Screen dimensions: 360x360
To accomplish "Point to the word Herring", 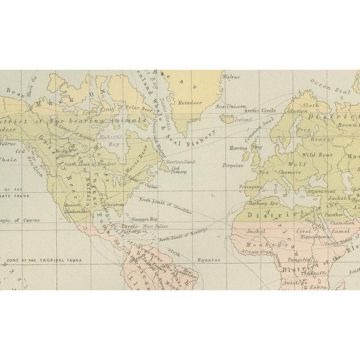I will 239,147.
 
